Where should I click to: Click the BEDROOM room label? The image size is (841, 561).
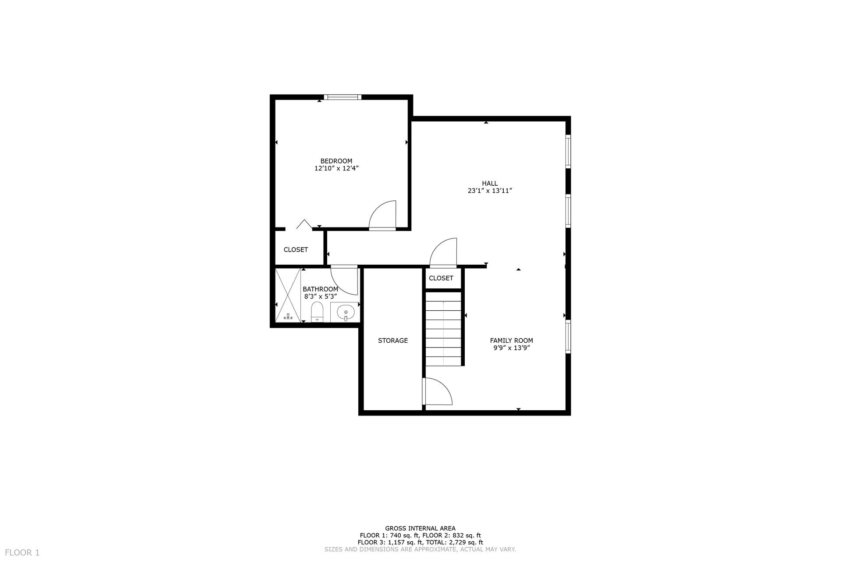[x=336, y=161]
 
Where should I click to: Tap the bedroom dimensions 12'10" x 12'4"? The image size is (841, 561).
[x=336, y=168]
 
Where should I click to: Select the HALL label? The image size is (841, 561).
[x=490, y=183]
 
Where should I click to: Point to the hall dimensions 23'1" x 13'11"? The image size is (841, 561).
[x=490, y=191]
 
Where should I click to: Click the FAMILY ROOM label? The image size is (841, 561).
[x=511, y=341]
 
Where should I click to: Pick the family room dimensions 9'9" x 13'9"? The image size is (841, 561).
[x=512, y=348]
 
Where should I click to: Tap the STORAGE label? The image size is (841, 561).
[x=393, y=341]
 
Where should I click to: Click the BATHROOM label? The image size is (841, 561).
[x=320, y=289]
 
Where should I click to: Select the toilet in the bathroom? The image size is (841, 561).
[x=317, y=312]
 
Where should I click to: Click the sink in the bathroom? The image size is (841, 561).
[x=345, y=312]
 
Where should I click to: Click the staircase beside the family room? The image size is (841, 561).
[x=443, y=329]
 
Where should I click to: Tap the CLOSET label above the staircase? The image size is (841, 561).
[x=441, y=278]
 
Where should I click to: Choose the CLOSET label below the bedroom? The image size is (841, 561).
[x=296, y=250]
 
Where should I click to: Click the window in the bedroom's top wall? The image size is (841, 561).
[x=343, y=97]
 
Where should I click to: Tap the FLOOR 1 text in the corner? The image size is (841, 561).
[x=22, y=553]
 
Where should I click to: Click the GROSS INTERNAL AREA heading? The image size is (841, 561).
[x=420, y=529]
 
